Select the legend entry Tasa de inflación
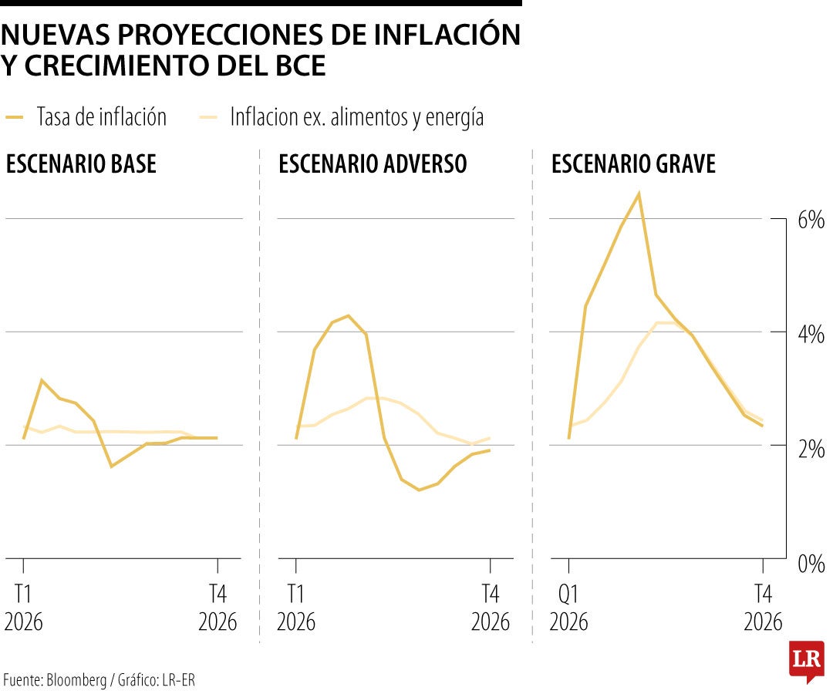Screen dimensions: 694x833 click(101, 117)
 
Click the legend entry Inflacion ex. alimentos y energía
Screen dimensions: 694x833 click(356, 117)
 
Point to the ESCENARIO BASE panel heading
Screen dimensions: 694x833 click(81, 164)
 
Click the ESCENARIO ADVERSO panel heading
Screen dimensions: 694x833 click(373, 164)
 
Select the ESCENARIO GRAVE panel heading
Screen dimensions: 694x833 click(633, 164)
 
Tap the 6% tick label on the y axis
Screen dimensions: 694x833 click(811, 221)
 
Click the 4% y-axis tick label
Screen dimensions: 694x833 click(811, 334)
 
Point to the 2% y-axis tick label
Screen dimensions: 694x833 click(811, 448)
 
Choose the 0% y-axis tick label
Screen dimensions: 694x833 click(811, 562)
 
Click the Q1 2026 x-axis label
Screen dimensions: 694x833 click(568, 607)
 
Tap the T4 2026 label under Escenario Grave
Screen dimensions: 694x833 click(763, 607)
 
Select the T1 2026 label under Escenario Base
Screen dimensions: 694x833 click(24, 607)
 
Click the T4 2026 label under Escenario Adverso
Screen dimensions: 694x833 click(491, 607)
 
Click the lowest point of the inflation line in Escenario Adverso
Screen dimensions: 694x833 click(419, 490)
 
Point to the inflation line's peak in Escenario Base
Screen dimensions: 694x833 click(41, 379)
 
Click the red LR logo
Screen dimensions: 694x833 click(806, 659)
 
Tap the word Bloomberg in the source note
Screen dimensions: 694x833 click(77, 679)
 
